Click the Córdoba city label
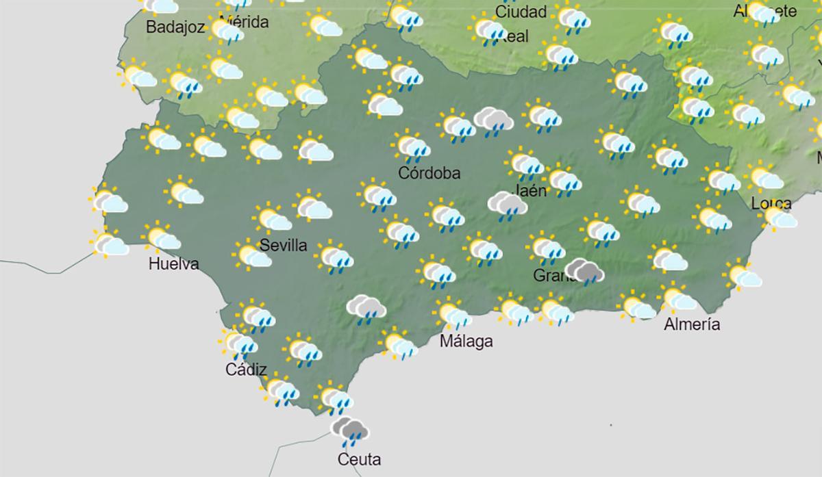[429, 174]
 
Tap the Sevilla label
[284, 246]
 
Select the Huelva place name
[173, 263]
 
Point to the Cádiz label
[246, 370]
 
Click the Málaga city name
[466, 341]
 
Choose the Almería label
[692, 324]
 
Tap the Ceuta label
[359, 459]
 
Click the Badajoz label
[176, 28]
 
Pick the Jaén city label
[531, 190]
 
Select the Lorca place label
[771, 203]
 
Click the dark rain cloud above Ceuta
[350, 430]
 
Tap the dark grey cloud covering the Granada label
[584, 271]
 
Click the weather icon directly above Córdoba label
[412, 146]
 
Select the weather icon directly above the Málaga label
[453, 314]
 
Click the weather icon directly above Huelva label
[162, 237]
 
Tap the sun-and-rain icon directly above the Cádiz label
[240, 343]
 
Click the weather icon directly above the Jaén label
[526, 164]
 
